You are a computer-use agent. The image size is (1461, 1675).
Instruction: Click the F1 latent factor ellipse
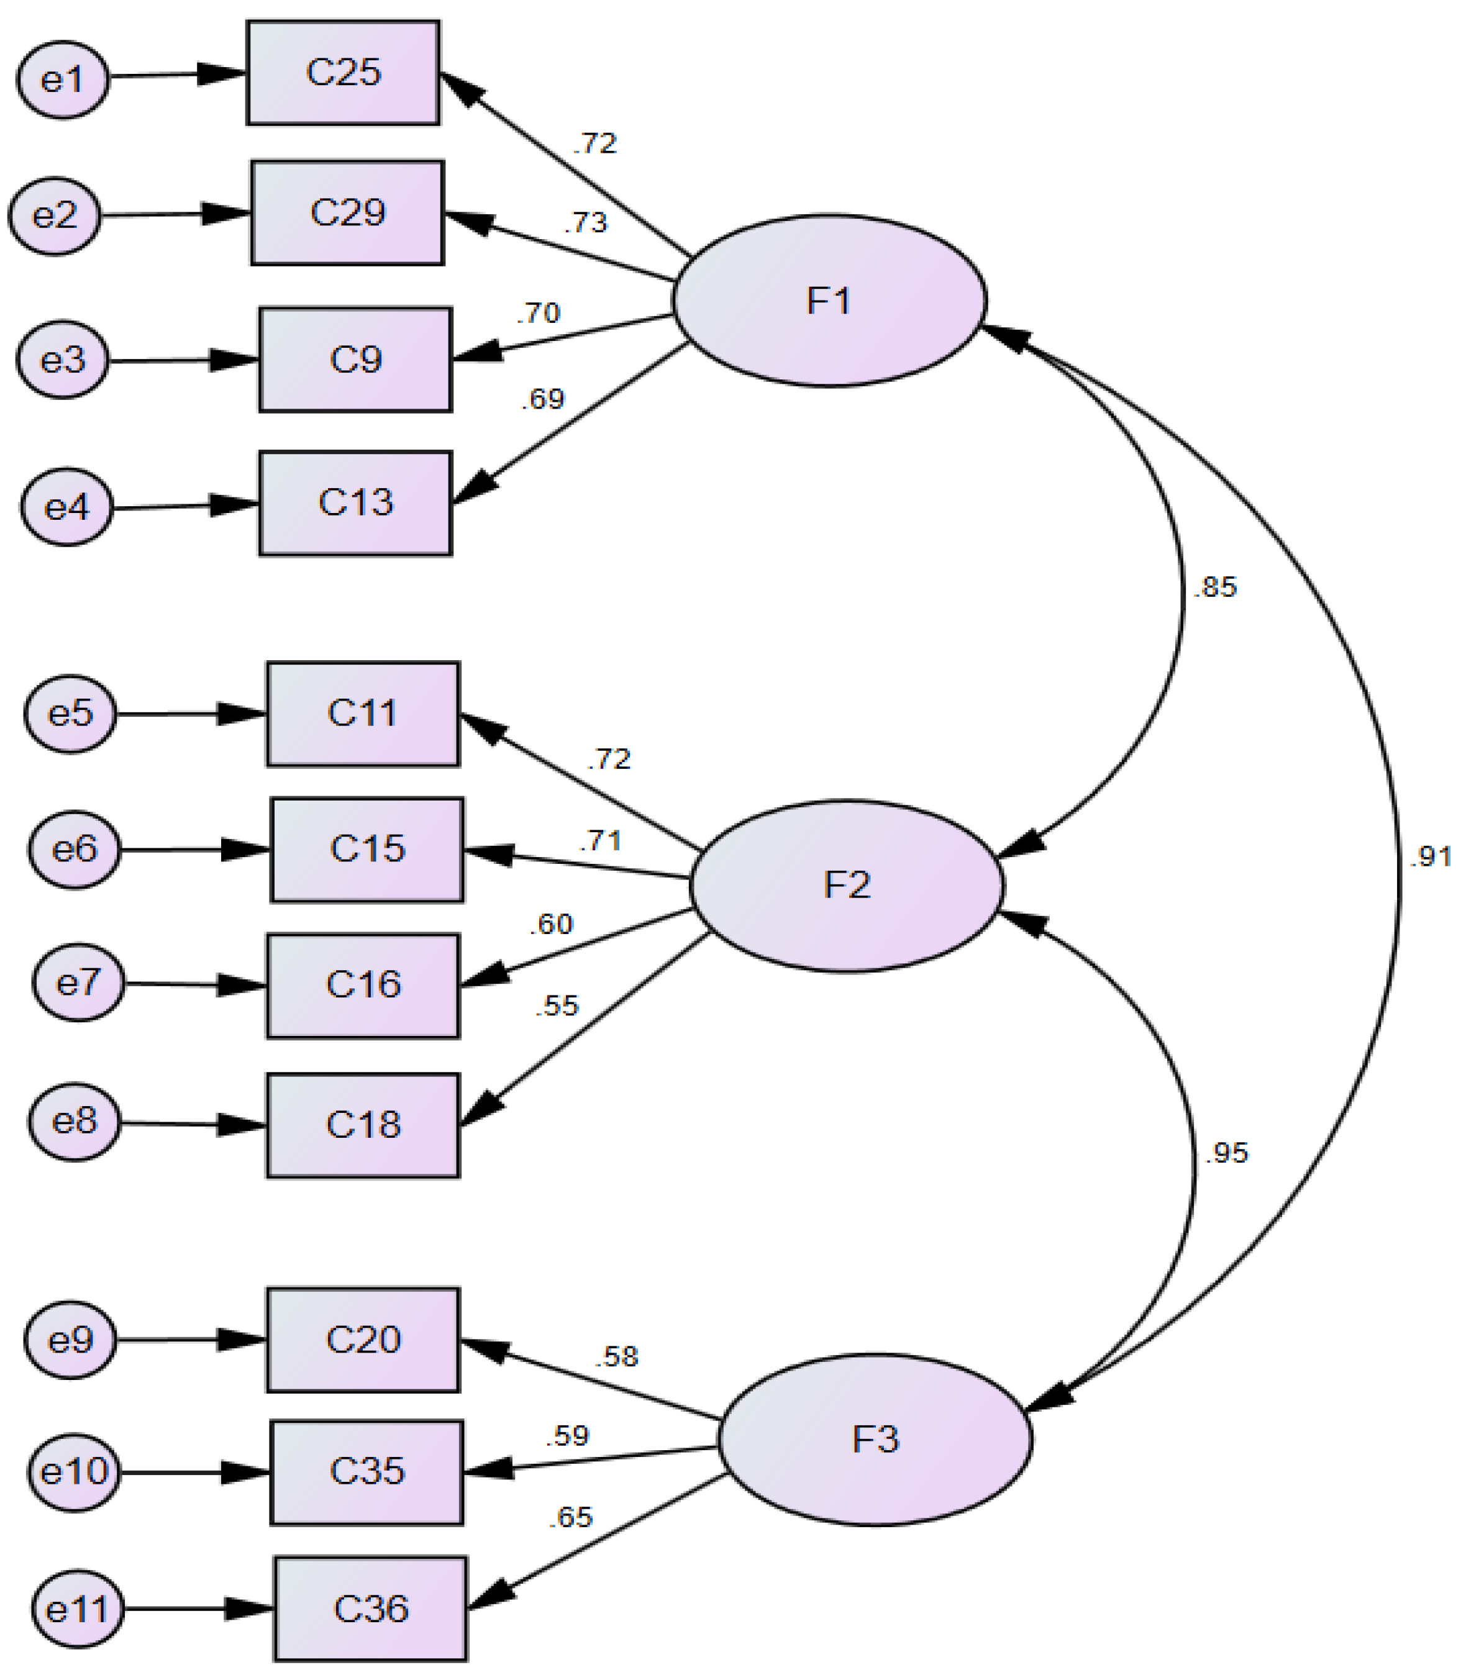[829, 301]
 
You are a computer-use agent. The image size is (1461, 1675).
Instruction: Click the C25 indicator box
[344, 73]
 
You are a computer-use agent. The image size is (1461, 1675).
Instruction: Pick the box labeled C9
[355, 360]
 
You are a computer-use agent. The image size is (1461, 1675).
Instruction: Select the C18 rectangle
[363, 1125]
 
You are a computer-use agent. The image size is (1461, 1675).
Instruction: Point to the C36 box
[370, 1609]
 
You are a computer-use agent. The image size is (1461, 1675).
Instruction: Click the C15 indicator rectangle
[367, 850]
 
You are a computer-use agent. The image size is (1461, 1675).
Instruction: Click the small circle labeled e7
[78, 982]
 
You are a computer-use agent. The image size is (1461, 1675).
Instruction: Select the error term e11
[78, 1610]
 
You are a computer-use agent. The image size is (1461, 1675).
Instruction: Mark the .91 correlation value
[1430, 856]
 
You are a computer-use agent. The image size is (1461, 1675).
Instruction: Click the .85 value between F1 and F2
[1215, 587]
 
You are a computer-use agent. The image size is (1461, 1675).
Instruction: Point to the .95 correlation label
[1227, 1153]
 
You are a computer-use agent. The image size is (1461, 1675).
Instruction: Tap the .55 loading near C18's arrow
[557, 1007]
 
